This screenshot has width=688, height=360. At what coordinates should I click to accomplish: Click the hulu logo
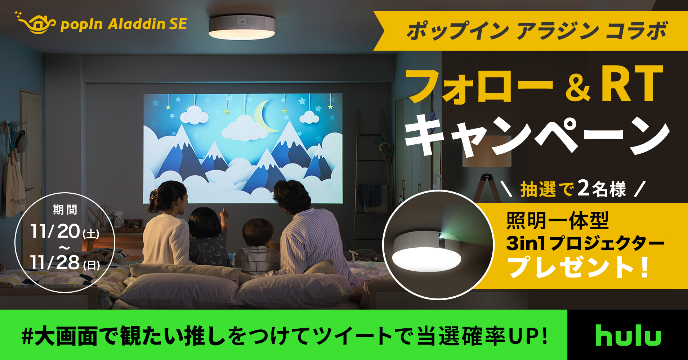pyautogui.click(x=628, y=335)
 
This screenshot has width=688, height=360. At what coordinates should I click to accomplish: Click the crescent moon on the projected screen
pyautogui.click(x=265, y=116)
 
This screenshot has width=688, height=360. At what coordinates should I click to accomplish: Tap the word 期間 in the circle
pyautogui.click(x=65, y=210)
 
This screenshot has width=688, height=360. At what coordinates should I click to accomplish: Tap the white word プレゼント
pyautogui.click(x=571, y=267)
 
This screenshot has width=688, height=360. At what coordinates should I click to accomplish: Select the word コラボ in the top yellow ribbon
pyautogui.click(x=636, y=31)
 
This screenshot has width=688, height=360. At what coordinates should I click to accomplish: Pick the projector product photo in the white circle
pyautogui.click(x=438, y=245)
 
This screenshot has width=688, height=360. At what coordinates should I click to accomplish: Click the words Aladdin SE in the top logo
pyautogui.click(x=147, y=24)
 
